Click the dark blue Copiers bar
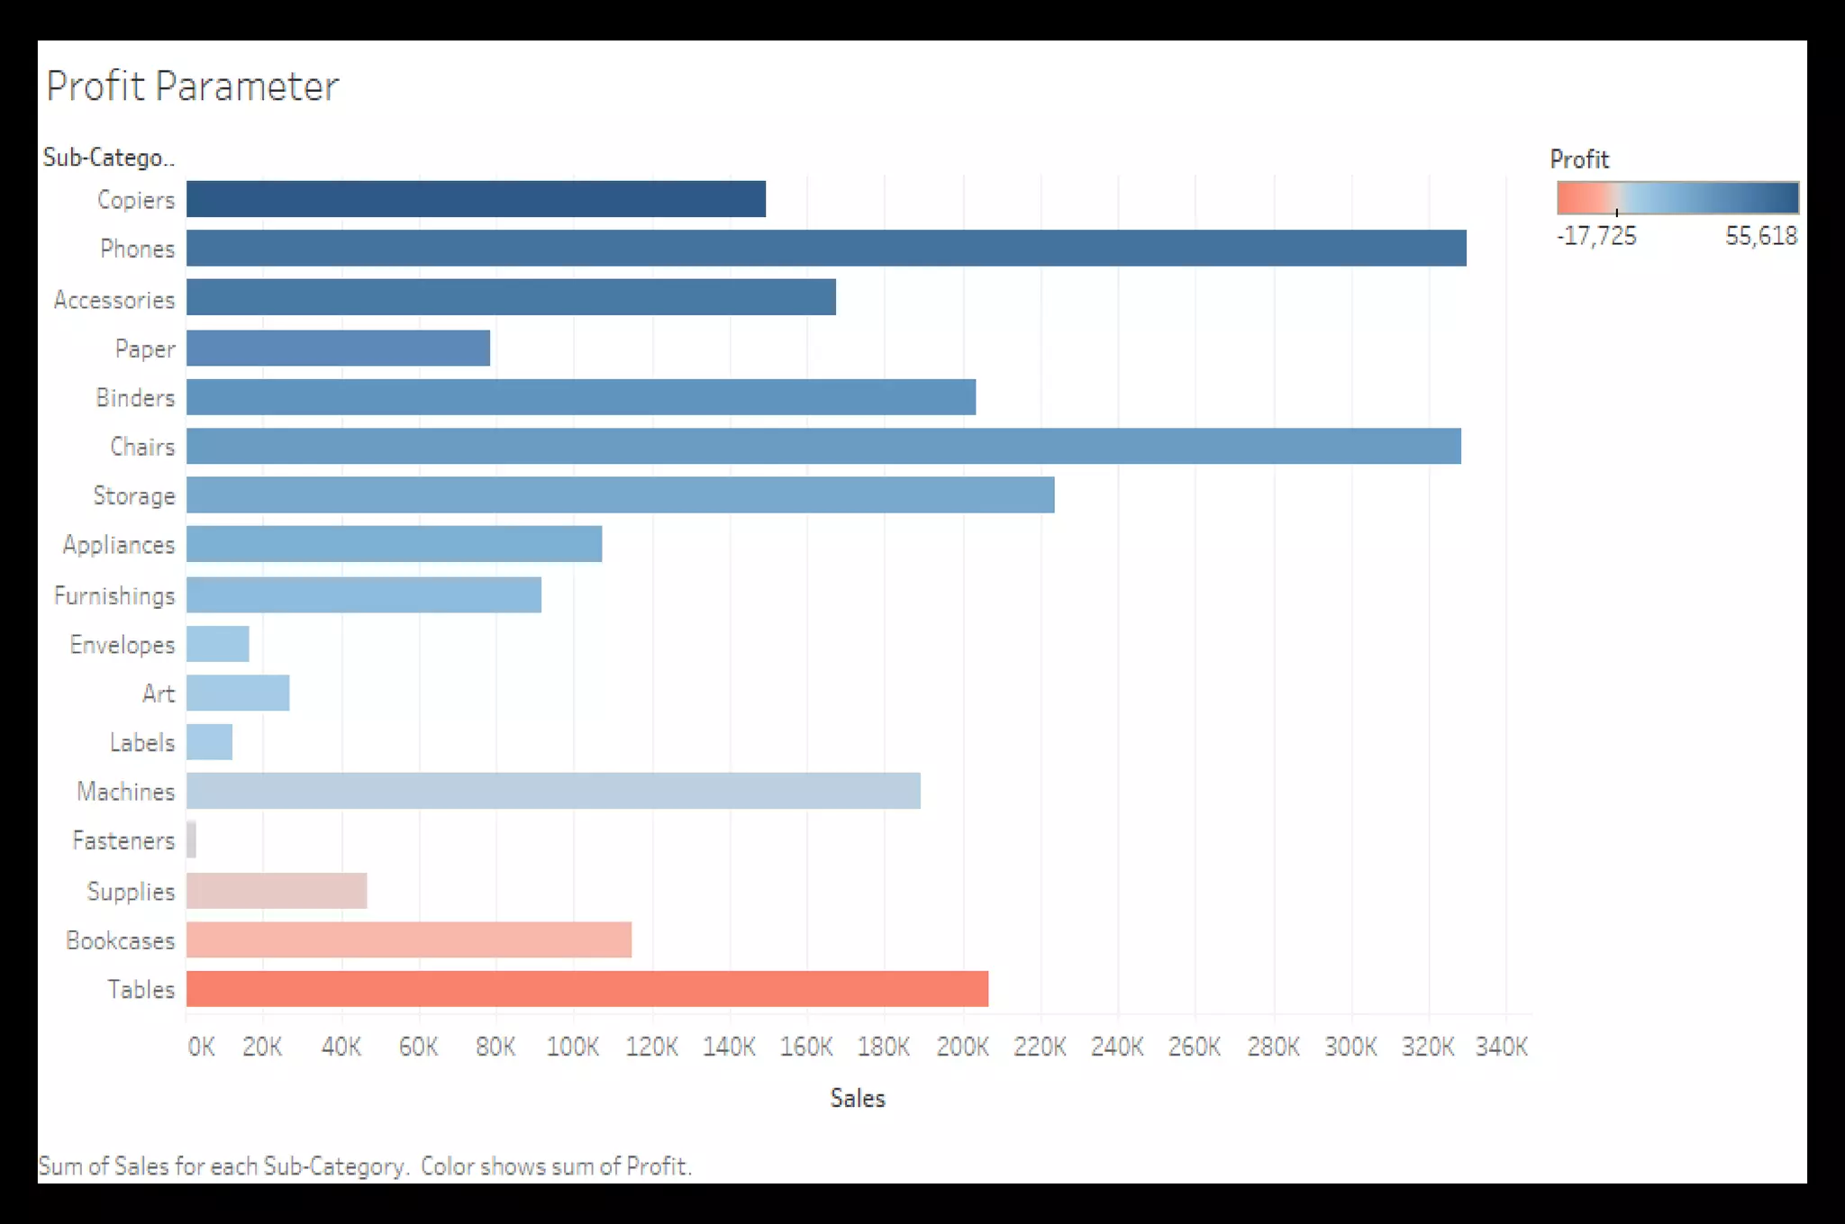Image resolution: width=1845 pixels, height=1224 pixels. point(476,199)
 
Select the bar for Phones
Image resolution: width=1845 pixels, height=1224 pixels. point(826,249)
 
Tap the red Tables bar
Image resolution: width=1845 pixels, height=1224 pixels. point(587,989)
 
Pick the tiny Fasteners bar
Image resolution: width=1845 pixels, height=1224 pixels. point(191,840)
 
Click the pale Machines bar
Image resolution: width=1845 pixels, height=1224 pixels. point(553,791)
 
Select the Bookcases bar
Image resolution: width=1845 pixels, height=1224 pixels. point(409,940)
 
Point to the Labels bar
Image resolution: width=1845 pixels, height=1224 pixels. point(209,742)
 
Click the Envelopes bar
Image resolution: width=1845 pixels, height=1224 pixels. point(218,644)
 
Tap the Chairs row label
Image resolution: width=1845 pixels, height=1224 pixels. point(142,447)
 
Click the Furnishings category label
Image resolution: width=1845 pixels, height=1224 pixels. point(114,595)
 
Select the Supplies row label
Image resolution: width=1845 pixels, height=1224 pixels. point(131,891)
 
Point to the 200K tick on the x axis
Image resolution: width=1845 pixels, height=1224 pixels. point(962,1047)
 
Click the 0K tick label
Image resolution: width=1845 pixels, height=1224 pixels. point(201,1047)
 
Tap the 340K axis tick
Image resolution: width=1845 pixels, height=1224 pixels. point(1501,1047)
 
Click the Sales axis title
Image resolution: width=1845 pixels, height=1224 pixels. point(857,1098)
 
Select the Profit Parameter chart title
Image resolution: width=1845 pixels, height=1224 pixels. point(193,86)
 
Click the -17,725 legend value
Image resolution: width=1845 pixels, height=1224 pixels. point(1596,236)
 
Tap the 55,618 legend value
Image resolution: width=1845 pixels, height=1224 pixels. point(1760,236)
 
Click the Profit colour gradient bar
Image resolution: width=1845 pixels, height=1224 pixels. point(1677,197)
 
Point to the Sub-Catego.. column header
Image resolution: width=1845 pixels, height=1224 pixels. point(108,158)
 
